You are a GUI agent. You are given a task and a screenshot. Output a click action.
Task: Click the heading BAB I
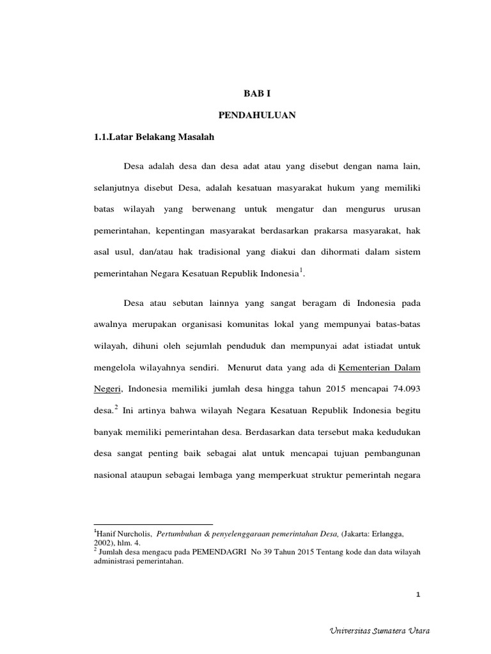click(258, 93)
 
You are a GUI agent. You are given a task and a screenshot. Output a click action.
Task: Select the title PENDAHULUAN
click(258, 116)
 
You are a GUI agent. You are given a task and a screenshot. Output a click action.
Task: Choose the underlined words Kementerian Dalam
click(379, 367)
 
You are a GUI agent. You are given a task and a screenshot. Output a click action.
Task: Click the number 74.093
click(403, 389)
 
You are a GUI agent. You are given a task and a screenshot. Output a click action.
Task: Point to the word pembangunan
click(391, 453)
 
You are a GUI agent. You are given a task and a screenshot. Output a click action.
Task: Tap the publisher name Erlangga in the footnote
click(382, 532)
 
